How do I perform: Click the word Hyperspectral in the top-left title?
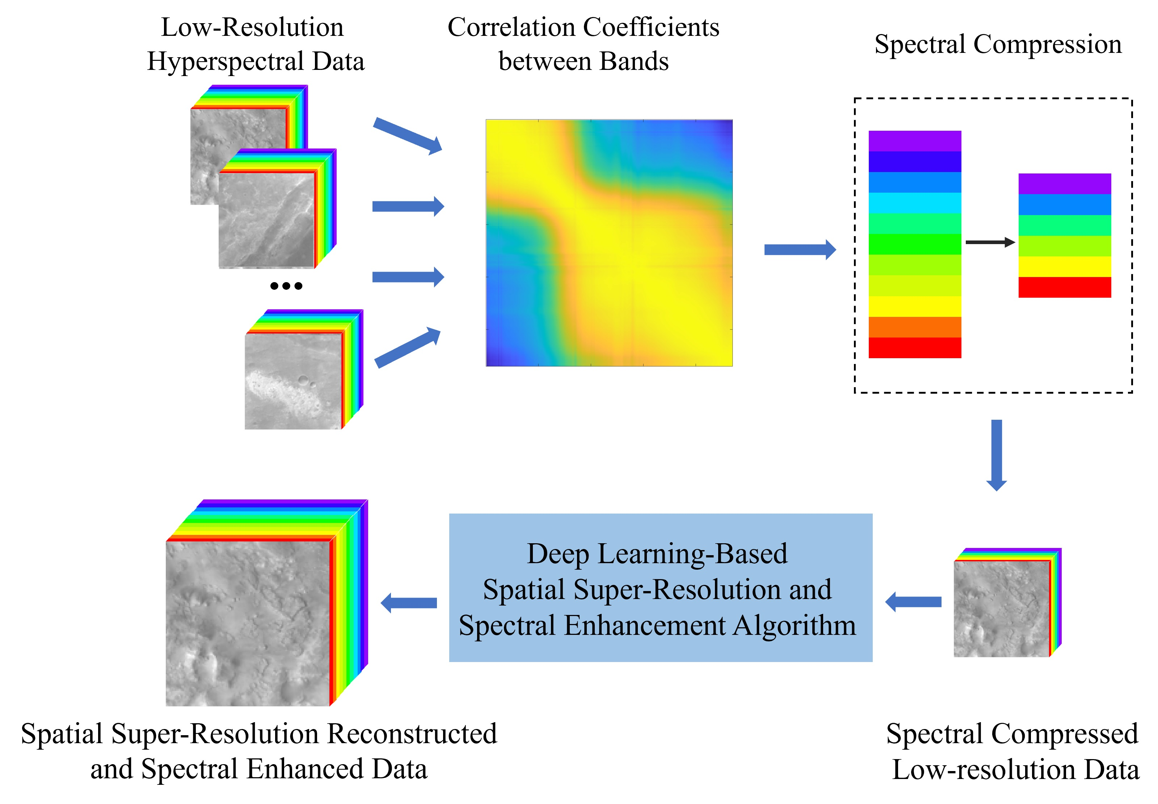click(x=224, y=62)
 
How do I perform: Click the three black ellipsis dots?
click(x=286, y=286)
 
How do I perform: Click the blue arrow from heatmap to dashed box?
click(x=800, y=250)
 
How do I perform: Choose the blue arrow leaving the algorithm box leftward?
click(x=408, y=603)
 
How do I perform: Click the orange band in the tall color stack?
click(x=914, y=327)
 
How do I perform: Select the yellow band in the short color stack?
click(x=1064, y=267)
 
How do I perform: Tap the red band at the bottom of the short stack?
click(x=1064, y=287)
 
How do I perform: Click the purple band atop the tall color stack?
click(x=914, y=141)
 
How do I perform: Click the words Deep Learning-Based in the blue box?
click(x=657, y=554)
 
